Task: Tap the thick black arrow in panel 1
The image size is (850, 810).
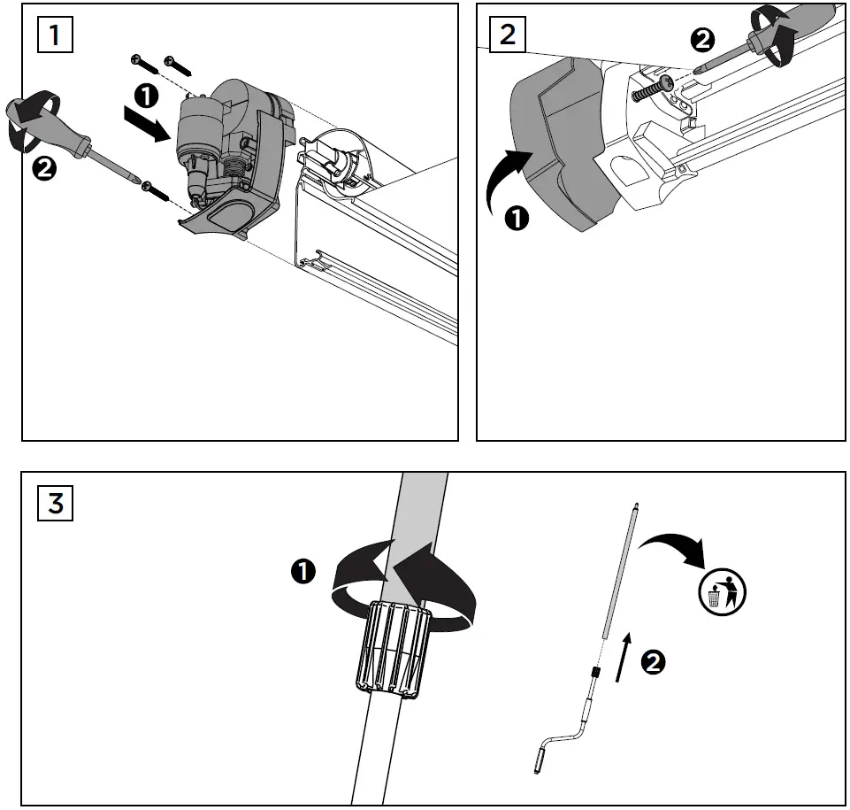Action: tap(144, 125)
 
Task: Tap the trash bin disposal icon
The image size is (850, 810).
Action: tap(721, 591)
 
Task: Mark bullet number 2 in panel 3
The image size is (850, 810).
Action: tap(654, 662)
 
